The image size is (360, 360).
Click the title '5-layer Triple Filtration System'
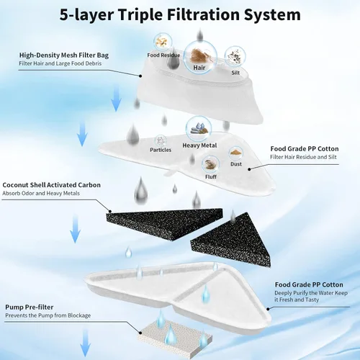click(x=180, y=15)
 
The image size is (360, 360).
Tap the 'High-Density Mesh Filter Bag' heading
click(x=64, y=55)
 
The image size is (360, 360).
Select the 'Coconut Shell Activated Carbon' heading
click(x=51, y=185)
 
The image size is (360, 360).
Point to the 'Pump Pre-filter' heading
click(x=30, y=307)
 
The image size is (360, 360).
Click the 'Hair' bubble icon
click(x=201, y=57)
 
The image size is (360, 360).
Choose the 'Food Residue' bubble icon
click(x=163, y=42)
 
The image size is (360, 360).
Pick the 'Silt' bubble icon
click(x=235, y=56)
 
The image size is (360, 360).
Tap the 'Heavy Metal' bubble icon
click(x=199, y=129)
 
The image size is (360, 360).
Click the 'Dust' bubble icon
click(x=236, y=153)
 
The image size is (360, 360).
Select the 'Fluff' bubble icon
click(x=211, y=164)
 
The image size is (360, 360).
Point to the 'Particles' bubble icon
click(x=161, y=140)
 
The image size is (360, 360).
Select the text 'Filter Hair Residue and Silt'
click(x=303, y=157)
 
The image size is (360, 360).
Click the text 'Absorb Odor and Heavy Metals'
click(x=41, y=193)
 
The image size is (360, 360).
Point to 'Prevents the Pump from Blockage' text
click(x=48, y=315)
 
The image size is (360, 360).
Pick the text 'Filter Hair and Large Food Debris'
click(x=60, y=63)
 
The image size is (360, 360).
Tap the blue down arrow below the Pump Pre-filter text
click(x=85, y=343)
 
